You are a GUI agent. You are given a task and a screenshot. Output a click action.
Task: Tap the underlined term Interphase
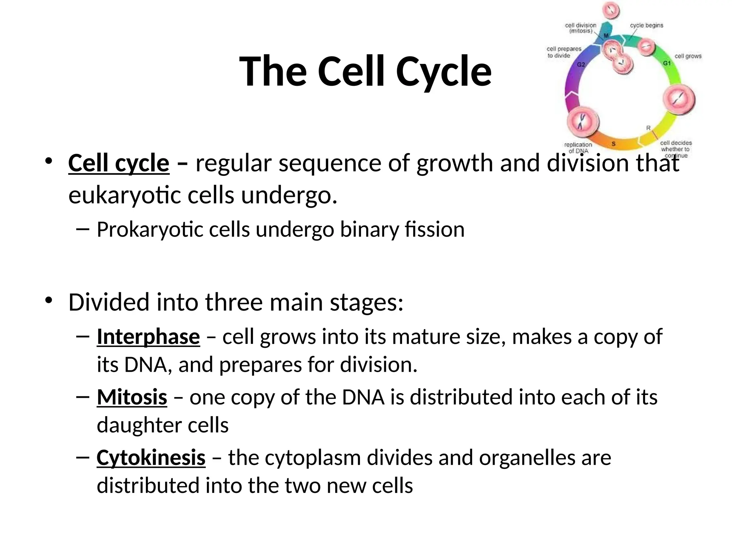(x=148, y=337)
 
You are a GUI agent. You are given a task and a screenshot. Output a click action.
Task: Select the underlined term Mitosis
(x=132, y=397)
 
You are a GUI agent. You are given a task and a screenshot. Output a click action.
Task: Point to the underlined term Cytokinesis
(x=151, y=457)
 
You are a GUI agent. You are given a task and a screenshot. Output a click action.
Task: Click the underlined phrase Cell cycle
(x=119, y=163)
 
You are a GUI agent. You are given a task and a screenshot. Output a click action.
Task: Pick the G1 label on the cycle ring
(x=667, y=63)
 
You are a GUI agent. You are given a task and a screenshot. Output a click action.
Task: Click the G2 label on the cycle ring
(x=581, y=65)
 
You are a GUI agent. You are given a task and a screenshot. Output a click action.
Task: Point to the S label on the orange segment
(x=614, y=144)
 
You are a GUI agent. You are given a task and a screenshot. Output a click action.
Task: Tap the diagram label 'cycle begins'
(x=646, y=25)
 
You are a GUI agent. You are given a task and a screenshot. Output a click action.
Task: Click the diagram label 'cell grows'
(x=688, y=56)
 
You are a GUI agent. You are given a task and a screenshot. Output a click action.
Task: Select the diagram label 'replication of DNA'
(x=578, y=148)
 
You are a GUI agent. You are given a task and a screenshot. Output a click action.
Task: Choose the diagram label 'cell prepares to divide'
(x=564, y=52)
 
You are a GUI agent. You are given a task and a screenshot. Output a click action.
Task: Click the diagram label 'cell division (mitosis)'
(x=580, y=28)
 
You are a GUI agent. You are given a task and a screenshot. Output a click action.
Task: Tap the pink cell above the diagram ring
(x=611, y=10)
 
